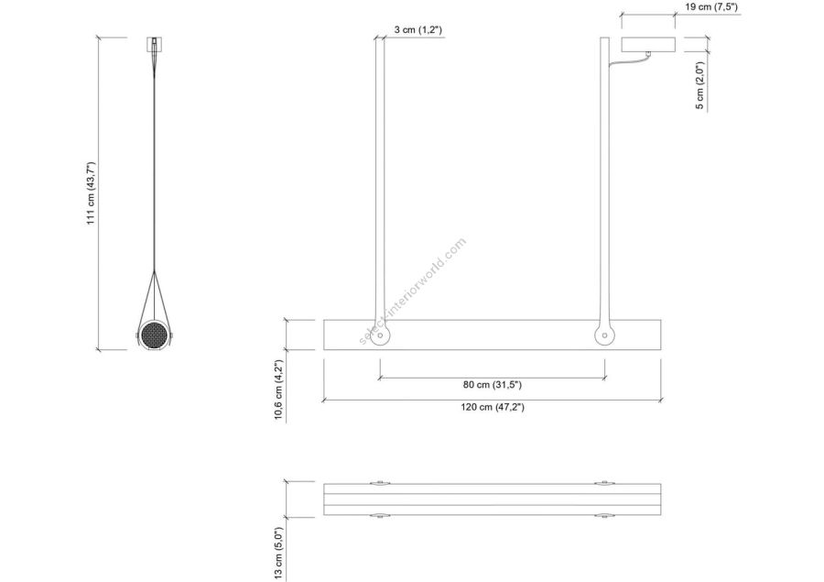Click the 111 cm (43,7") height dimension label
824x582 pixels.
coord(91,193)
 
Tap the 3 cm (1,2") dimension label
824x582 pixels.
coord(417,30)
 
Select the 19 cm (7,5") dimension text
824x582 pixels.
coord(711,6)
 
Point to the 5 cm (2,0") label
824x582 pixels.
coord(699,85)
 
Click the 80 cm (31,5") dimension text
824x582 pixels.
coord(492,385)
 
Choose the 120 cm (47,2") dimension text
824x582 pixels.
coord(493,407)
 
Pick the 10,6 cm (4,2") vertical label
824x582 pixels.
coord(278,390)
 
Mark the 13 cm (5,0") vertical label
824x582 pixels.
coord(278,555)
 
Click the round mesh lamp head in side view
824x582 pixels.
coord(154,334)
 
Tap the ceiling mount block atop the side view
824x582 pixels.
coord(154,44)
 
